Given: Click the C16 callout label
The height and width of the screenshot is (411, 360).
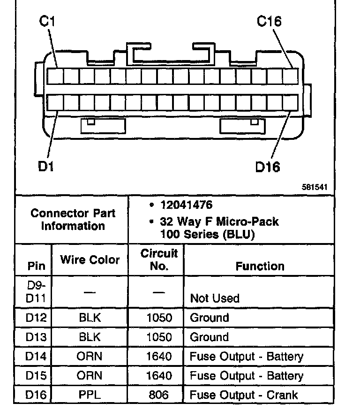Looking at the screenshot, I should [x=269, y=22].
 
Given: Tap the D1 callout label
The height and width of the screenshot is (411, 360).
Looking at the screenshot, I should [x=46, y=167].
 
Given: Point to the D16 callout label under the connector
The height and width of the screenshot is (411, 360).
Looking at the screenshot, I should [x=268, y=167].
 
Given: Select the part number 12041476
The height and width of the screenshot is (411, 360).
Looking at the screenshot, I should [x=186, y=205].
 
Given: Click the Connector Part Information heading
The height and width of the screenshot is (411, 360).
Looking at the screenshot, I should [x=73, y=219].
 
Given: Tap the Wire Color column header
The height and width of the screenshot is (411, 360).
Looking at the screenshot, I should [x=90, y=259].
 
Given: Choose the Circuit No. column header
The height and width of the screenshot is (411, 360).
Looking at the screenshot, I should [x=159, y=259].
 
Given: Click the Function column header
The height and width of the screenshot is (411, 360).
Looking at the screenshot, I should [x=260, y=266].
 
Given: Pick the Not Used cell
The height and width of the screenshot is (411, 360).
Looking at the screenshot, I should [x=215, y=298].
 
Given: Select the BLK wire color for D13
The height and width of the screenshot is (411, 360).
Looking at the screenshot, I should [x=90, y=337].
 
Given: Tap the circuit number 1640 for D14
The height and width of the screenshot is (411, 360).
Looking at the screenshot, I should [x=159, y=357].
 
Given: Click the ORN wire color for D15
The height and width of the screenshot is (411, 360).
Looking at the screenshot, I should [x=90, y=376].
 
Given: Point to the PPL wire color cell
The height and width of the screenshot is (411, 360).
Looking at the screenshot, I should [x=90, y=395].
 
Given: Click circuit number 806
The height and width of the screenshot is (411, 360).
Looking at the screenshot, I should [x=159, y=395].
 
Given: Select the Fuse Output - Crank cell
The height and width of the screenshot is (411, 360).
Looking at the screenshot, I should [x=244, y=395].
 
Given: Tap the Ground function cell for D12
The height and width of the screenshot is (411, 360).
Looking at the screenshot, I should [x=210, y=318].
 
